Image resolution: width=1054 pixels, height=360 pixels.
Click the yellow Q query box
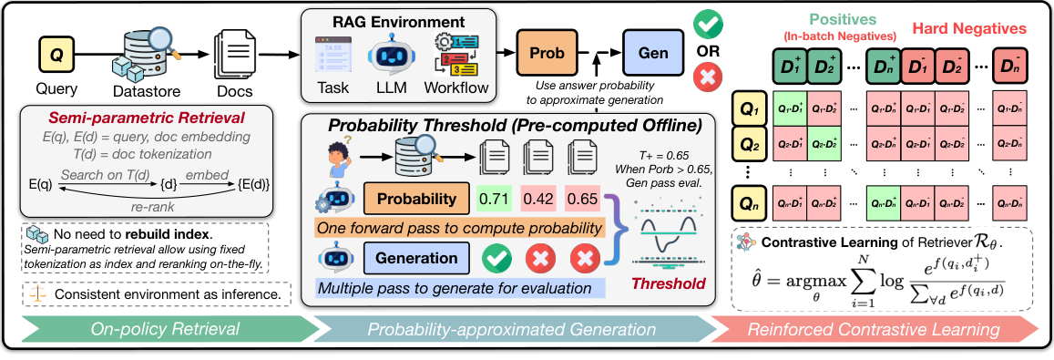tap(56, 56)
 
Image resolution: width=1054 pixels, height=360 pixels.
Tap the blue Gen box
tap(652, 51)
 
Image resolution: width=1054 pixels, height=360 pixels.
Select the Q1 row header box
tap(750, 110)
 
